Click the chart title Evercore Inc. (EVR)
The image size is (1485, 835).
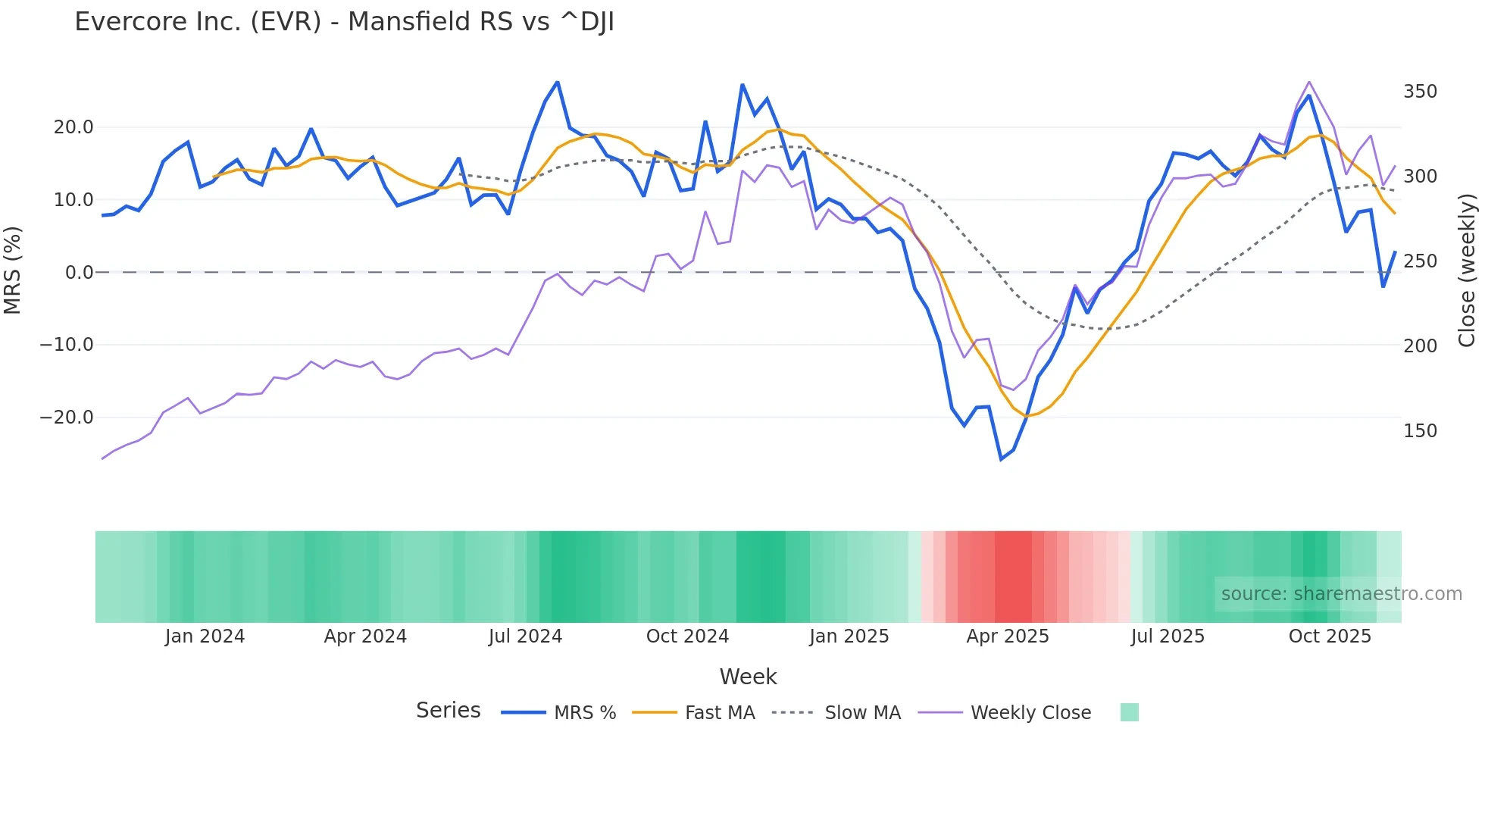click(x=344, y=22)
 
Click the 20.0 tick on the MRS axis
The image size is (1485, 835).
click(x=73, y=127)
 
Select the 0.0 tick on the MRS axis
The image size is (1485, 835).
click(x=79, y=273)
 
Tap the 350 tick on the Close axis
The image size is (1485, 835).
click(x=1420, y=92)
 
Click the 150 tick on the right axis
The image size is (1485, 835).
click(x=1420, y=431)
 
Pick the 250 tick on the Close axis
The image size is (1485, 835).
click(x=1420, y=261)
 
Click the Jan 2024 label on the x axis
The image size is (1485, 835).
click(x=205, y=636)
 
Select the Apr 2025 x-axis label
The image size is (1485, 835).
click(x=1007, y=636)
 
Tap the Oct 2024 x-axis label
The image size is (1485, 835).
click(x=687, y=636)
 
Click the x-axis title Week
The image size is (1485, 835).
click(x=748, y=677)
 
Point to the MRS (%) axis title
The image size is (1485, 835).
click(x=13, y=270)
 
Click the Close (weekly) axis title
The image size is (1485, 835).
click(x=1467, y=270)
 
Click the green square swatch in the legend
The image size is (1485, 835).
click(x=1129, y=712)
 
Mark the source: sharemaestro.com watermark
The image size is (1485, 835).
click(x=1341, y=594)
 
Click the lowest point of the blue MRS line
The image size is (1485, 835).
click(x=1001, y=459)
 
